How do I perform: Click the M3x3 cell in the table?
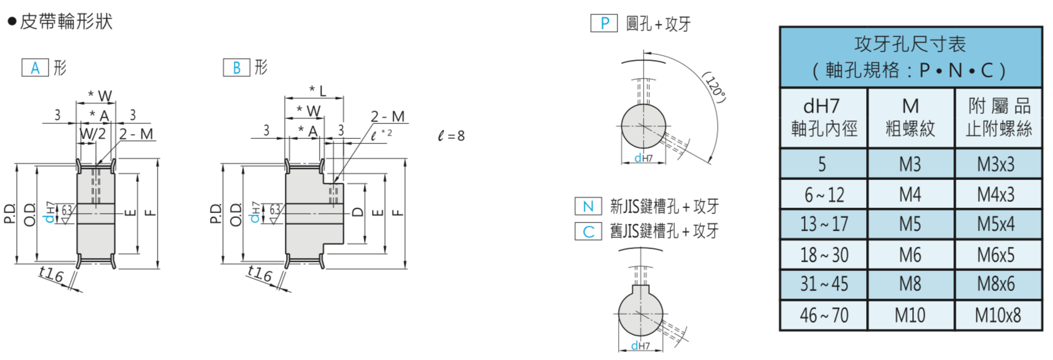[996, 164]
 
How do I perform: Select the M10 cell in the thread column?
[910, 315]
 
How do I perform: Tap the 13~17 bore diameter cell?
[824, 224]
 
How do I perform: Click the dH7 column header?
[824, 118]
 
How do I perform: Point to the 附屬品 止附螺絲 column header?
[999, 118]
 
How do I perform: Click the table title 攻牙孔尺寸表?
[910, 44]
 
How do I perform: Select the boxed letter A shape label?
[36, 68]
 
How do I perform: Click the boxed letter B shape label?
[236, 68]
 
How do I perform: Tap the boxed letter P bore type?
[604, 23]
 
